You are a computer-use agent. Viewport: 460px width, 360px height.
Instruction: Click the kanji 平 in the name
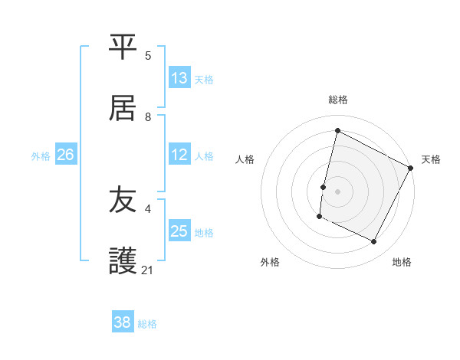point(123,47)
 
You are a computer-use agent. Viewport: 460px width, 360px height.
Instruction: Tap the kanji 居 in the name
point(123,108)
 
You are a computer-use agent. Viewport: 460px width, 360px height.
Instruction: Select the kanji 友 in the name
point(123,200)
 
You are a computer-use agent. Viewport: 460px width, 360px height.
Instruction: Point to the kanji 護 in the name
point(123,261)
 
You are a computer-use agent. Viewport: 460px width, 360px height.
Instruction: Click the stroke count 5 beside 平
point(148,56)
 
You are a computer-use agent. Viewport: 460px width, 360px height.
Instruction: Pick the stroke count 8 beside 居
point(148,117)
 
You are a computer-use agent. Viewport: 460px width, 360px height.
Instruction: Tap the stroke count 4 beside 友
point(148,208)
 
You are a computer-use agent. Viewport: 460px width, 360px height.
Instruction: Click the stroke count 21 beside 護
point(148,270)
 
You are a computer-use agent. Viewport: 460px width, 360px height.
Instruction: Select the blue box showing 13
point(179,78)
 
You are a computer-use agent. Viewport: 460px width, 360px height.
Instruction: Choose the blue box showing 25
point(179,231)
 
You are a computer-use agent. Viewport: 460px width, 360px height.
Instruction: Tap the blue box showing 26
point(66,155)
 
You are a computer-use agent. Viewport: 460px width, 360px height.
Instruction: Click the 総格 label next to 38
point(147,324)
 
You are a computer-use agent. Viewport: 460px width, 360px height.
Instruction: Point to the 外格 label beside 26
point(41,155)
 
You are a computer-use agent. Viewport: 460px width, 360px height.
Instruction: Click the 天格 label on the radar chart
point(431,159)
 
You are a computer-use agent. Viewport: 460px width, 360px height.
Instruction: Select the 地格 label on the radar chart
point(402,262)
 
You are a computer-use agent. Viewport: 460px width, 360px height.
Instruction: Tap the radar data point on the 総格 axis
point(337,131)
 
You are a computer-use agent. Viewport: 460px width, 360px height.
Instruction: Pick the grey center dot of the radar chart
point(337,191)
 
